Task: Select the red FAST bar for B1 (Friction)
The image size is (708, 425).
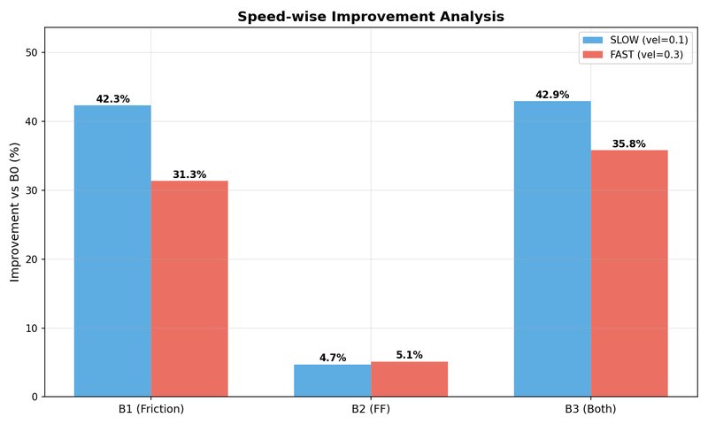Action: click(189, 289)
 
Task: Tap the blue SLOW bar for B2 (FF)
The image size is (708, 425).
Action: click(333, 381)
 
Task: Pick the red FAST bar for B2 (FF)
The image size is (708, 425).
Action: click(409, 379)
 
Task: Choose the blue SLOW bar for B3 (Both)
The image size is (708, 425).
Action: click(552, 249)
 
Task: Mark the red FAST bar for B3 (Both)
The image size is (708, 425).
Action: click(629, 274)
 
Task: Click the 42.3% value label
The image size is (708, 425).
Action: click(112, 99)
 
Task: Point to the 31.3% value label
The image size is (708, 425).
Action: click(189, 174)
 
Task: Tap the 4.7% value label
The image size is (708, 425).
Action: click(333, 358)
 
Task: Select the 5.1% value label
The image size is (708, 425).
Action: click(409, 355)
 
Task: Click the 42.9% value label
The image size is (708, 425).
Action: click(552, 95)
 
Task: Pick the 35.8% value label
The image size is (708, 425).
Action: click(629, 143)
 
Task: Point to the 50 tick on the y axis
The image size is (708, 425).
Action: click(32, 52)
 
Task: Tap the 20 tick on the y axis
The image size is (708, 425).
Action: click(32, 259)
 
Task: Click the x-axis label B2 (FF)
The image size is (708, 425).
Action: click(371, 409)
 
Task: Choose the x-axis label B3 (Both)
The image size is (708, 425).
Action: click(590, 409)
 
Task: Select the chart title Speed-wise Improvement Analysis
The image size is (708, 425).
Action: click(371, 17)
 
